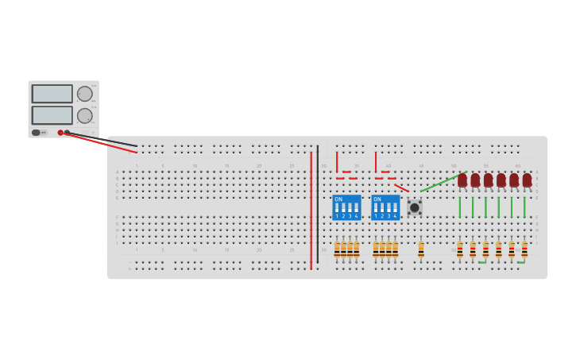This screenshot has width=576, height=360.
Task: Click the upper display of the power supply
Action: coord(52,94)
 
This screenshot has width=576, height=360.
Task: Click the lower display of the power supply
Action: coord(52,115)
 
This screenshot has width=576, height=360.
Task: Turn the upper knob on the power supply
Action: coord(84,94)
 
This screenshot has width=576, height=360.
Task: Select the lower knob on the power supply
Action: coord(84,115)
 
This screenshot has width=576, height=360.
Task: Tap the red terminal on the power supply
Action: coord(60,133)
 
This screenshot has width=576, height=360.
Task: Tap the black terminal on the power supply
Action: coord(68,133)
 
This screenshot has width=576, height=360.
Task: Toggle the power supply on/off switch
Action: coord(37,133)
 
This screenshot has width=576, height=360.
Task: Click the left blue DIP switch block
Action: coord(346,207)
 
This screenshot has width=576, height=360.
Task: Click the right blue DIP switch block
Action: coord(385,207)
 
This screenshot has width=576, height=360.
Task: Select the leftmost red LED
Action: coord(462,180)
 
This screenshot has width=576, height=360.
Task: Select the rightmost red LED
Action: coord(527,180)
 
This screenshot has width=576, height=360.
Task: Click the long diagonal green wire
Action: coord(441,182)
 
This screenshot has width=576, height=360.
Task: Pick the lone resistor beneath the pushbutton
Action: coord(421,250)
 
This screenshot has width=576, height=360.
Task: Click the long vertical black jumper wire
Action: coord(318,204)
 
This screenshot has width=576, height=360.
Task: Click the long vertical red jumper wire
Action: coord(311,211)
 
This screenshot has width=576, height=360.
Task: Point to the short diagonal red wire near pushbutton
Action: coord(401,188)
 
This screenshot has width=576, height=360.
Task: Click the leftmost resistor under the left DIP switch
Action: coord(337,250)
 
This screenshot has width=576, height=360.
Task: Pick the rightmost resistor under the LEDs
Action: coord(524,250)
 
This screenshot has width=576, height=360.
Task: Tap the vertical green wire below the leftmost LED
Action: coord(459,207)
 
